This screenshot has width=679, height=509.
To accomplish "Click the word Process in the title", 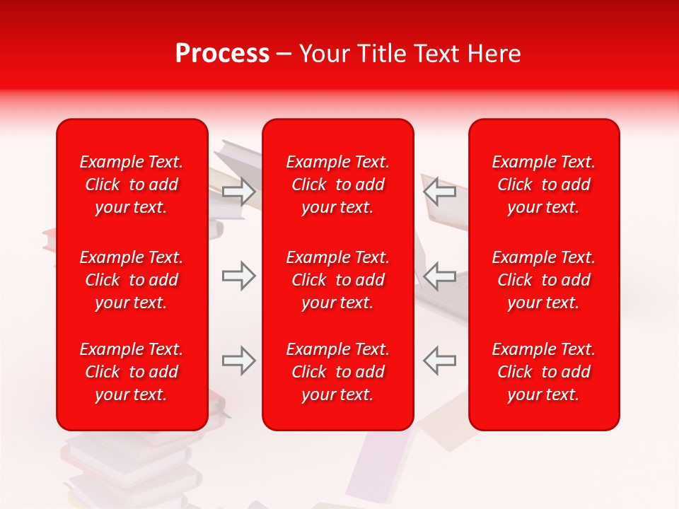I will (x=222, y=54).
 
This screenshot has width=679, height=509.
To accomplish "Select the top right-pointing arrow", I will (x=239, y=192).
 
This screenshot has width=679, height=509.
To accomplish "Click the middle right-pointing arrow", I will (x=239, y=276).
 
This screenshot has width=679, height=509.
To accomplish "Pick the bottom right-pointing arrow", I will (x=239, y=361).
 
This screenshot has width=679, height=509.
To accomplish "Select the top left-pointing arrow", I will (x=439, y=192).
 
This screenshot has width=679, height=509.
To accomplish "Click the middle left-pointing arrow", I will (x=439, y=276).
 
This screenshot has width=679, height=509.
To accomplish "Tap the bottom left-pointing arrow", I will (x=439, y=361).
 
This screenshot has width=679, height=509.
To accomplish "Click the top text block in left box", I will (x=132, y=185).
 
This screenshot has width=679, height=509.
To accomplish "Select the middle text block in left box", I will (x=132, y=280).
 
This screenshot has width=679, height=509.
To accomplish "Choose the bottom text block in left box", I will (x=132, y=372).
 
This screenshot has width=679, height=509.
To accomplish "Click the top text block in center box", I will (x=338, y=185).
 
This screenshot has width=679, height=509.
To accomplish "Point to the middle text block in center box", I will (x=338, y=280).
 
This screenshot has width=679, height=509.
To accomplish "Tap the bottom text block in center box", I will (x=338, y=372).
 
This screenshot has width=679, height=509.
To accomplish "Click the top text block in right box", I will (x=544, y=185).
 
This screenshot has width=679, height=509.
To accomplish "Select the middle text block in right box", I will (x=544, y=280).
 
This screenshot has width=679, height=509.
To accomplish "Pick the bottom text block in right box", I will (x=544, y=372).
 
